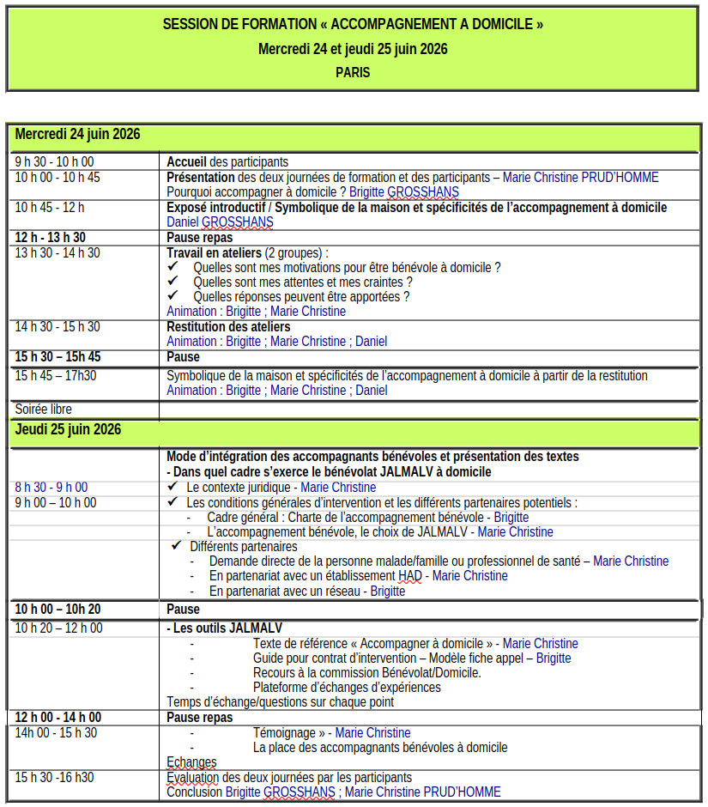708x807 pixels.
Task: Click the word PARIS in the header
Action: pyautogui.click(x=353, y=73)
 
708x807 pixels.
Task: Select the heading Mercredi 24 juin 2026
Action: pyautogui.click(x=77, y=135)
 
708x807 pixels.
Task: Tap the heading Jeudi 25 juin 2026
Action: pyautogui.click(x=68, y=429)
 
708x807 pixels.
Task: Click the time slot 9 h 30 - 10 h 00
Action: pyautogui.click(x=54, y=161)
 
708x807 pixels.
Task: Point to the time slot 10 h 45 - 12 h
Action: pyautogui.click(x=50, y=208)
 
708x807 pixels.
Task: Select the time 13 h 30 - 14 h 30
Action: pyautogui.click(x=57, y=252)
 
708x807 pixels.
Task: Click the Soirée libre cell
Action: pyautogui.click(x=44, y=410)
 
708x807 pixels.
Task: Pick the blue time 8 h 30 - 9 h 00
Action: pyautogui.click(x=51, y=488)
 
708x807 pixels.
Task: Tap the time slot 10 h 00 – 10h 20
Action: pyautogui.click(x=57, y=610)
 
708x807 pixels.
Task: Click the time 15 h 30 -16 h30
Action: pyautogui.click(x=55, y=777)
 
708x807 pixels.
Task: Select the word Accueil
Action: pyautogui.click(x=186, y=161)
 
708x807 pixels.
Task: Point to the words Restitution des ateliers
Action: pyautogui.click(x=228, y=327)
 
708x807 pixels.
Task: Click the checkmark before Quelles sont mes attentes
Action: pyautogui.click(x=172, y=282)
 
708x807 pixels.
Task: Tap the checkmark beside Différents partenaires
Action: pyautogui.click(x=176, y=546)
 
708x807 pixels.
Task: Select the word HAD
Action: pyautogui.click(x=409, y=576)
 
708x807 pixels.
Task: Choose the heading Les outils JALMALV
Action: pyautogui.click(x=227, y=628)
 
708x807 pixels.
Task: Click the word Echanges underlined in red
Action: pyautogui.click(x=191, y=762)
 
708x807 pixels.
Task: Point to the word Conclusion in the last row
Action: pyautogui.click(x=194, y=792)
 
